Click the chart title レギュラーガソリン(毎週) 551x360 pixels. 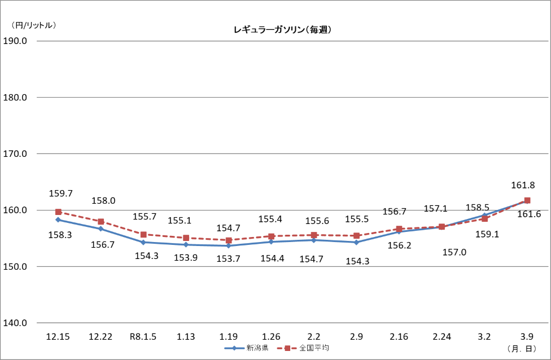[x=282, y=30]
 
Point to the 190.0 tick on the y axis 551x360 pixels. [x=19, y=41]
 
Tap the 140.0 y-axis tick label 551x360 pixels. [x=19, y=323]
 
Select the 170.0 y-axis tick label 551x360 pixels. [x=19, y=153]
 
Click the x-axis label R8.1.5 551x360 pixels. [x=143, y=337]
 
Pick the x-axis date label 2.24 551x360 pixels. [x=442, y=337]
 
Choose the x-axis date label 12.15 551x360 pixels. [x=58, y=337]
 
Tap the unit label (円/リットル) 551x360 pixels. [x=34, y=25]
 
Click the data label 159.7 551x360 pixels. [x=62, y=194]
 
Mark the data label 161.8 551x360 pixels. [x=523, y=185]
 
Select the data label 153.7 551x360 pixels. [x=228, y=258]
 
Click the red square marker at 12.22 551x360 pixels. [x=101, y=222]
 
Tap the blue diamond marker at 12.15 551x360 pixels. [x=58, y=219]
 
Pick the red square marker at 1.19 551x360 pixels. [x=229, y=240]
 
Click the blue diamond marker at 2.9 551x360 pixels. [x=356, y=242]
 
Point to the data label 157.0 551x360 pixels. [x=454, y=252]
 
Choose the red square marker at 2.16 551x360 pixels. [x=399, y=229]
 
